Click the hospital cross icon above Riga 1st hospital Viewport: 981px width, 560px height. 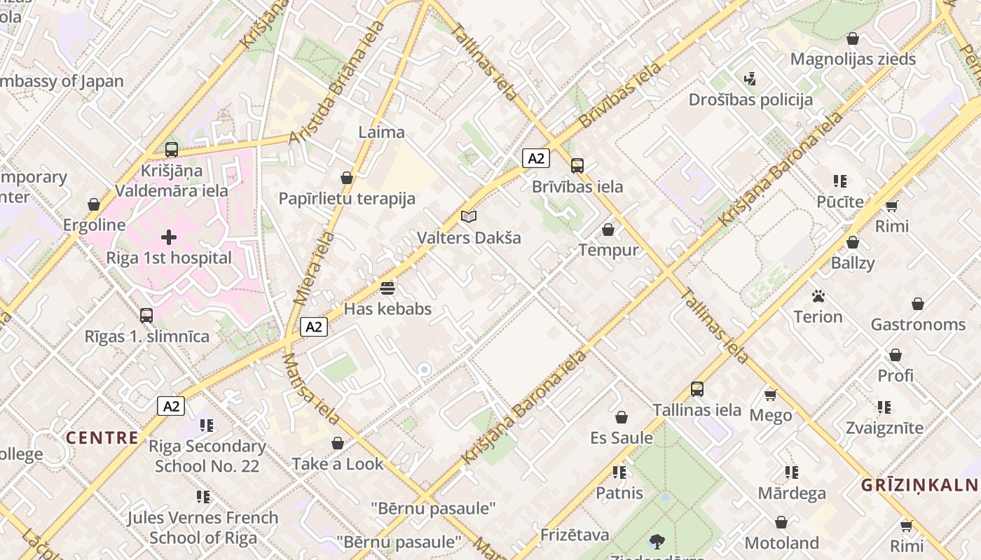pos(168,237)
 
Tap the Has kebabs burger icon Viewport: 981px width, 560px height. pos(387,288)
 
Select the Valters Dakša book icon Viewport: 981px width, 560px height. pos(469,217)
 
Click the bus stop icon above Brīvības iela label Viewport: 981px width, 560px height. pos(577,166)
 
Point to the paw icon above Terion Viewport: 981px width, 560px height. pos(818,296)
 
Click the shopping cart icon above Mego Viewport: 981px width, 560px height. pos(771,395)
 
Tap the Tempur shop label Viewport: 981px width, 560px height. pos(608,250)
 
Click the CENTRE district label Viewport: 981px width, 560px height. pos(102,437)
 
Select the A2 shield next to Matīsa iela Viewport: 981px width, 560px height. pos(314,326)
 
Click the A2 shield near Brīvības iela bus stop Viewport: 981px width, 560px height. pos(535,158)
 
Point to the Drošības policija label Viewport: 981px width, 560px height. pos(750,99)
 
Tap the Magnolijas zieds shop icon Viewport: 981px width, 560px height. pos(853,38)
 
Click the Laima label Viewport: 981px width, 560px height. pos(381,132)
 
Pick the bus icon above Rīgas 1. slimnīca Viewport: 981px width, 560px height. pos(146,316)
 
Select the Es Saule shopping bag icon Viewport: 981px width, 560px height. pos(621,418)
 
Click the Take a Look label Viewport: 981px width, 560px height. pos(338,463)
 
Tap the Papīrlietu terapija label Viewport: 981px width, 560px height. pos(347,198)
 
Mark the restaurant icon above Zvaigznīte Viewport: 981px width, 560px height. pos(884,407)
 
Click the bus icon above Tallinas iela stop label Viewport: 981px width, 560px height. pos(697,389)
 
